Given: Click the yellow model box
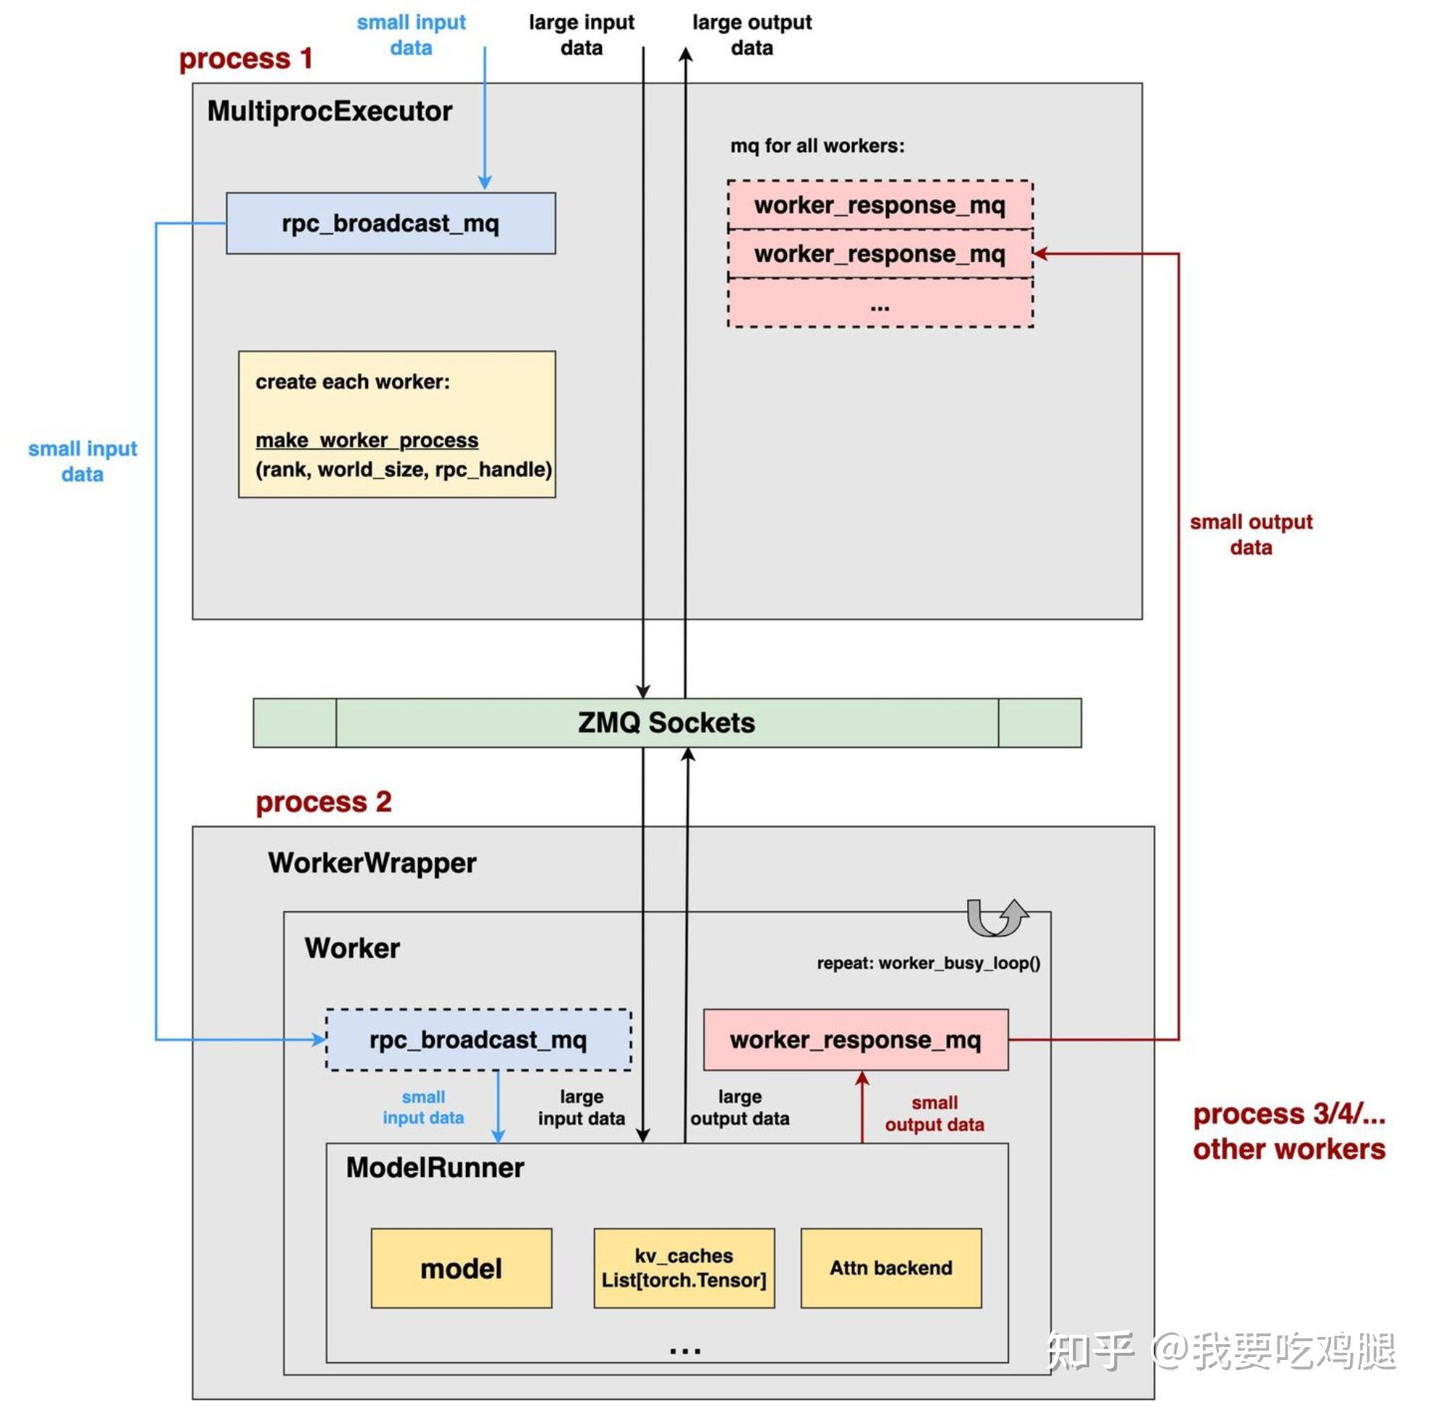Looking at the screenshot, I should click(460, 1268).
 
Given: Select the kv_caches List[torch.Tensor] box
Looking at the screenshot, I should click(683, 1268).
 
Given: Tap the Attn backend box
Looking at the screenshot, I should click(890, 1268).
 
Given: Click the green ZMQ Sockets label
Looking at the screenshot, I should click(666, 722).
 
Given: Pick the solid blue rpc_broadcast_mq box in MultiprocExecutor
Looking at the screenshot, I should click(390, 223).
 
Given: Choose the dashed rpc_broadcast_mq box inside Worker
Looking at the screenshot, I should click(478, 1039).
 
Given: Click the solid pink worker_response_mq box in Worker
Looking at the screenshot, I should click(855, 1039).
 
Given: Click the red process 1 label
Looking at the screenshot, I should click(246, 59).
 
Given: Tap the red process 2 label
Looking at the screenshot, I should click(323, 802).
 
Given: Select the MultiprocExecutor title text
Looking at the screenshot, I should click(329, 111).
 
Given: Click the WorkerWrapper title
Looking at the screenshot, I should click(372, 863).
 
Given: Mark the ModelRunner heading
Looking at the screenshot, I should click(435, 1168).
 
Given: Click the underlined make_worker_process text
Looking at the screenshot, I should click(367, 440).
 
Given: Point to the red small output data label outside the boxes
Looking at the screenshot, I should click(1250, 534).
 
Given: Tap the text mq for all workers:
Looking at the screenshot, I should click(817, 146).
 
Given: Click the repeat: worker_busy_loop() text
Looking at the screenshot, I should click(928, 963).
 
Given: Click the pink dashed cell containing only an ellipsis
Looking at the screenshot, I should click(880, 303).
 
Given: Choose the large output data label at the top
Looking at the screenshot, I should click(752, 35).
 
